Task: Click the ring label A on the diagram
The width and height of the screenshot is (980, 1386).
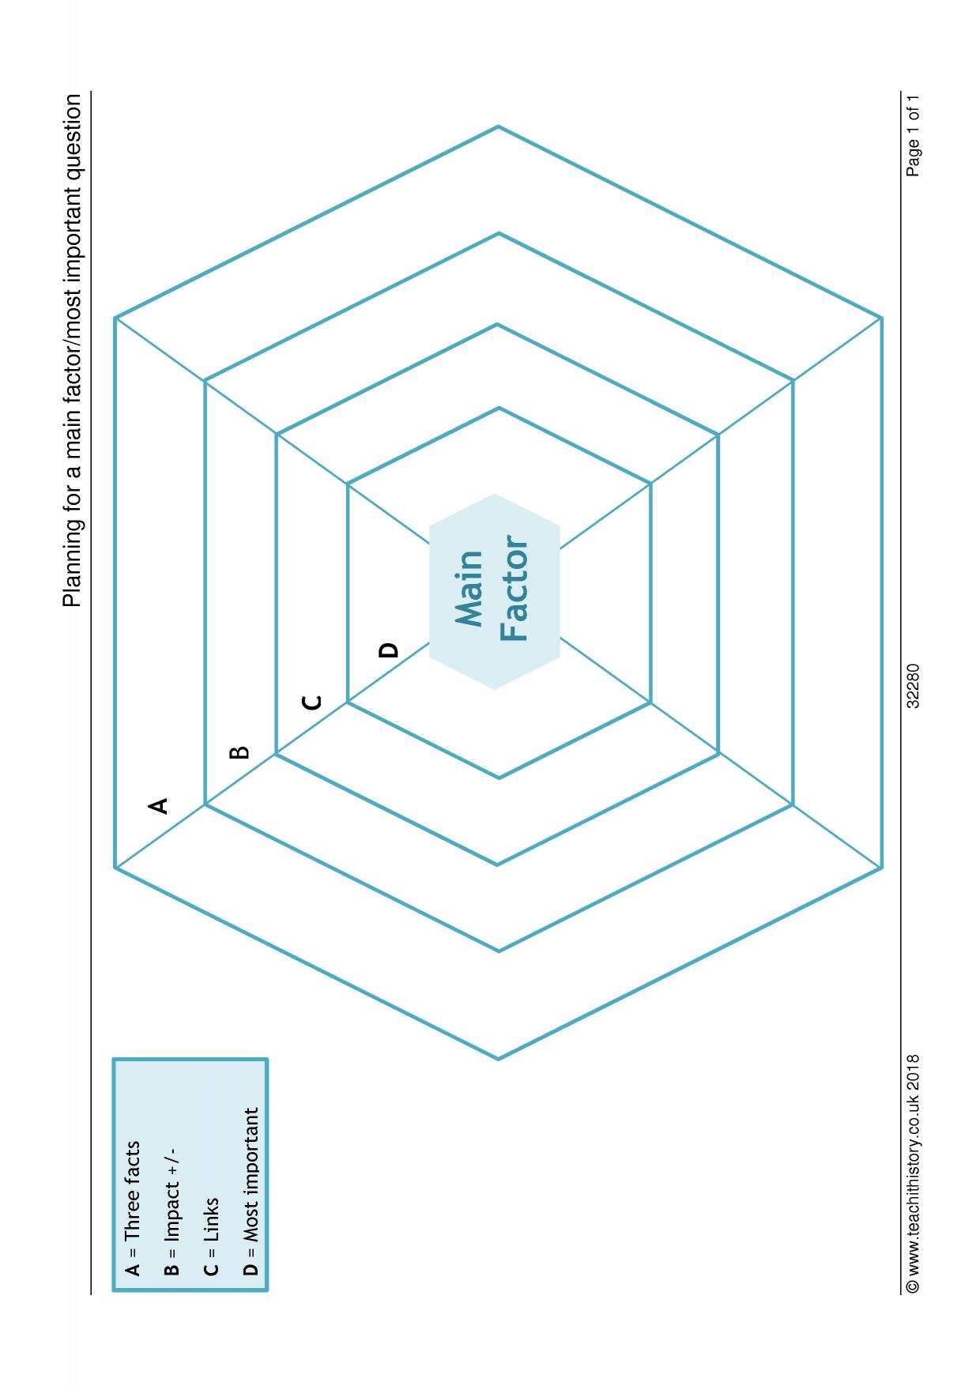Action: pos(159,805)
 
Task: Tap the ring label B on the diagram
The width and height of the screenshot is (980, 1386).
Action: pos(239,752)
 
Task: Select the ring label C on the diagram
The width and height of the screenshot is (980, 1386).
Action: pos(313,702)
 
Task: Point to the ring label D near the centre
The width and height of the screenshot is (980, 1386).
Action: pos(389,650)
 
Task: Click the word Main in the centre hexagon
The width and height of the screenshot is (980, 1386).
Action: pos(469,589)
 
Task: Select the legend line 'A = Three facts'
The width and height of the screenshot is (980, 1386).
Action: pos(133,1207)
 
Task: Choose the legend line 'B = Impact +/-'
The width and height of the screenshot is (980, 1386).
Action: pos(171,1213)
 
